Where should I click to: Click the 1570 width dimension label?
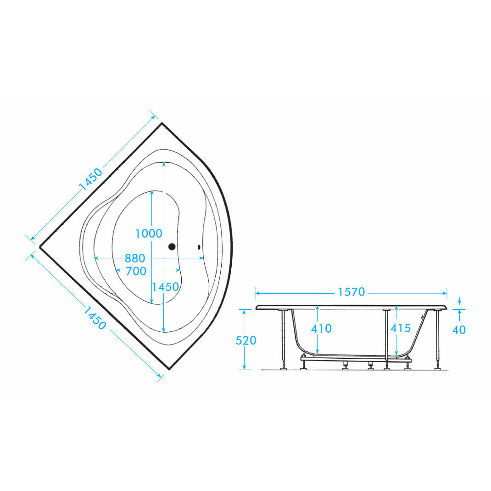point(352,292)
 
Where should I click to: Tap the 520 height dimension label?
point(246,340)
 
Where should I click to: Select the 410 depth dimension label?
point(321,329)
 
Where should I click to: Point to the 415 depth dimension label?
point(401,328)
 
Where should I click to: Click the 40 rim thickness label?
point(459,330)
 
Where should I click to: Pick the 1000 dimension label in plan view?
point(148,234)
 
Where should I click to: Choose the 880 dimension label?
point(134,258)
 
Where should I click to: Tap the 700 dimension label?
point(136,271)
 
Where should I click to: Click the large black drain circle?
point(172,247)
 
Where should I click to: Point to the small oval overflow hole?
point(199,247)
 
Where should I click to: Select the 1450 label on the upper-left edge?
point(90,179)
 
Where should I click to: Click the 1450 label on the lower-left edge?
point(94,318)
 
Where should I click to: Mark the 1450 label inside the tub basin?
point(165,287)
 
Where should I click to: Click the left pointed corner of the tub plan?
point(40,247)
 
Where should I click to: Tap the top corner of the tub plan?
point(162,123)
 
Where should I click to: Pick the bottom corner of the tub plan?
point(169,369)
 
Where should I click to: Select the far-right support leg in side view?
point(437,340)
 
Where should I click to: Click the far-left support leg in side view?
point(284,340)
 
